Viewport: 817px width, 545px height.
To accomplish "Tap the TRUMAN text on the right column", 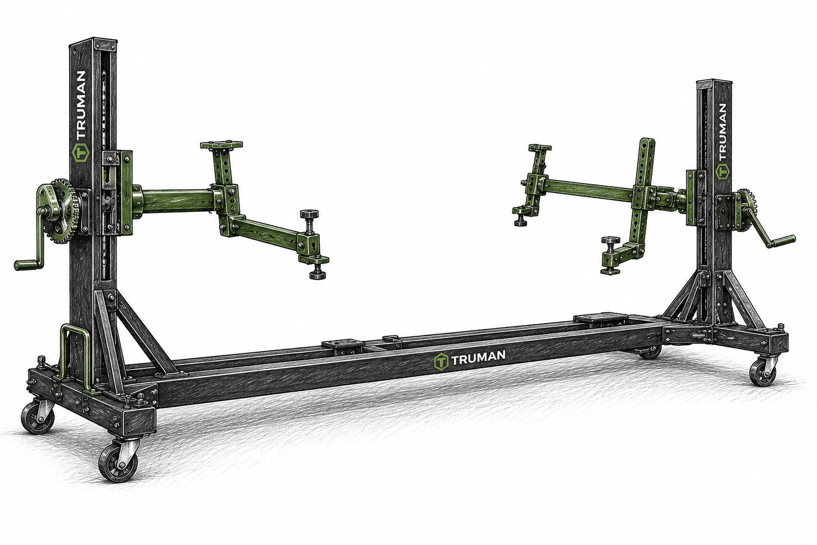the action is pos(722,132).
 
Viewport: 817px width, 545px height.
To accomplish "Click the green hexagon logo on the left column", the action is pos(80,153).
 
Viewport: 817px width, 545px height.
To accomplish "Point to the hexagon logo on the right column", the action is pos(722,172).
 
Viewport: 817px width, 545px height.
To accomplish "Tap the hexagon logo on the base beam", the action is pos(441,362).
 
